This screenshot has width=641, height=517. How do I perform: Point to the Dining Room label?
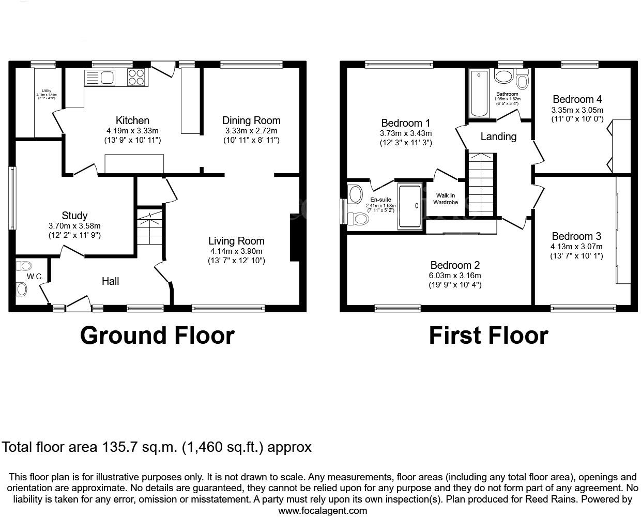pyautogui.click(x=251, y=120)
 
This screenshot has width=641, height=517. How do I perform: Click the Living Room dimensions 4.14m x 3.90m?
pyautogui.click(x=236, y=251)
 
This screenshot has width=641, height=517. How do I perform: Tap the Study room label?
pyautogui.click(x=74, y=216)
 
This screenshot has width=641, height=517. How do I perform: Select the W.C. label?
pyautogui.click(x=35, y=277)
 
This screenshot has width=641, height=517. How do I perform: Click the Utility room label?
pyautogui.click(x=47, y=91)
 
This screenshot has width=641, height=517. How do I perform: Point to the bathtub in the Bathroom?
pyautogui.click(x=479, y=94)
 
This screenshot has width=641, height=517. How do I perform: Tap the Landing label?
pyautogui.click(x=498, y=136)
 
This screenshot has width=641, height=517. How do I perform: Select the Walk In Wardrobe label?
pyautogui.click(x=445, y=199)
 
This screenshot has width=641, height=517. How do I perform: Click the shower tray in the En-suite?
pyautogui.click(x=410, y=205)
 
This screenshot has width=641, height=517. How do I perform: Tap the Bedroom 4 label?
pyautogui.click(x=577, y=99)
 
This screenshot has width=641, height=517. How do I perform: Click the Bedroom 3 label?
pyautogui.click(x=576, y=236)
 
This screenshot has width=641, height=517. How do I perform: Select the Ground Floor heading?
pyautogui.click(x=157, y=336)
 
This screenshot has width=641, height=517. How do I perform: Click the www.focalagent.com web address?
pyautogui.click(x=323, y=510)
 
